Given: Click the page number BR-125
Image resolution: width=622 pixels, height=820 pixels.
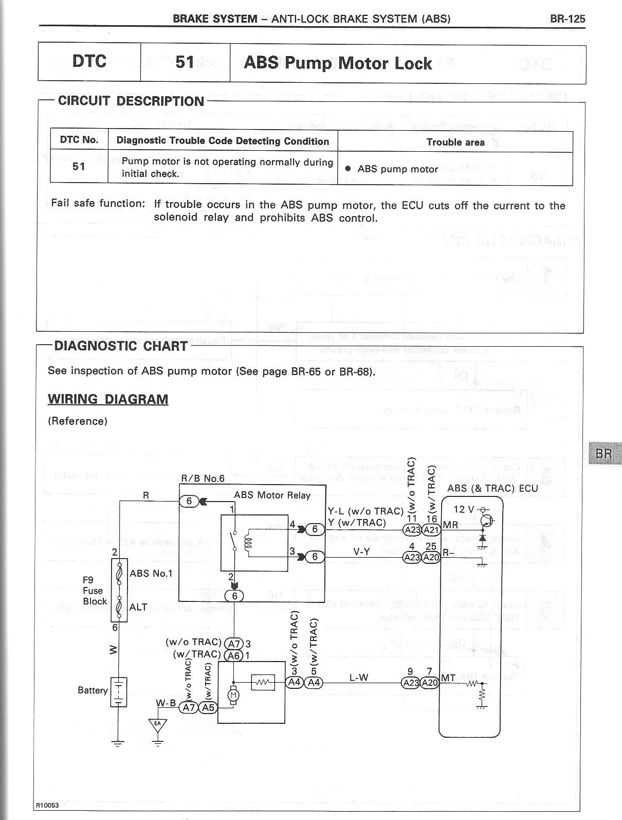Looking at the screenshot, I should (x=567, y=19).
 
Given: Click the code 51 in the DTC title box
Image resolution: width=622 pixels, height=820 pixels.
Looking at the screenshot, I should (x=185, y=62).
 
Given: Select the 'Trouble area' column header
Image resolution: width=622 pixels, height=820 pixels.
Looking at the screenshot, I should (x=455, y=142).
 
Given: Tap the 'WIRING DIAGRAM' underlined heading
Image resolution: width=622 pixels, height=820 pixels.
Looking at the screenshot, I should (x=108, y=399).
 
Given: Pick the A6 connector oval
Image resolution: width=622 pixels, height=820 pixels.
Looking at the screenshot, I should (x=234, y=655).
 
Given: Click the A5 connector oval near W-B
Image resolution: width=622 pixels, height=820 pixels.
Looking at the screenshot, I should (x=208, y=707).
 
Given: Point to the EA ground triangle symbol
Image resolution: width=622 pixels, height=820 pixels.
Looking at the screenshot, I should (x=158, y=724).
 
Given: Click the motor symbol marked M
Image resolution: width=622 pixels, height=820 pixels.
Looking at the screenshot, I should (x=233, y=695).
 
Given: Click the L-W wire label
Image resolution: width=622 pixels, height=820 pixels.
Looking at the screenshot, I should (x=359, y=678).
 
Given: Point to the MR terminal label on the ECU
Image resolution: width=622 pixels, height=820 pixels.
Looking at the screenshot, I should (x=450, y=525).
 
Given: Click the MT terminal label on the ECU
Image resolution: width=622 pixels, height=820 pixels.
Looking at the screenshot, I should (x=448, y=678).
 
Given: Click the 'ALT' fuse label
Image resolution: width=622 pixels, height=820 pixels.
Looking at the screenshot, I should (x=138, y=607).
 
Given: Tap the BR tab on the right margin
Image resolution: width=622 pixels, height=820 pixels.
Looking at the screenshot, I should (x=603, y=453).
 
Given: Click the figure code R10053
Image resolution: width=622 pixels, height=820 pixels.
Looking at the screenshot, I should (x=47, y=805).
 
